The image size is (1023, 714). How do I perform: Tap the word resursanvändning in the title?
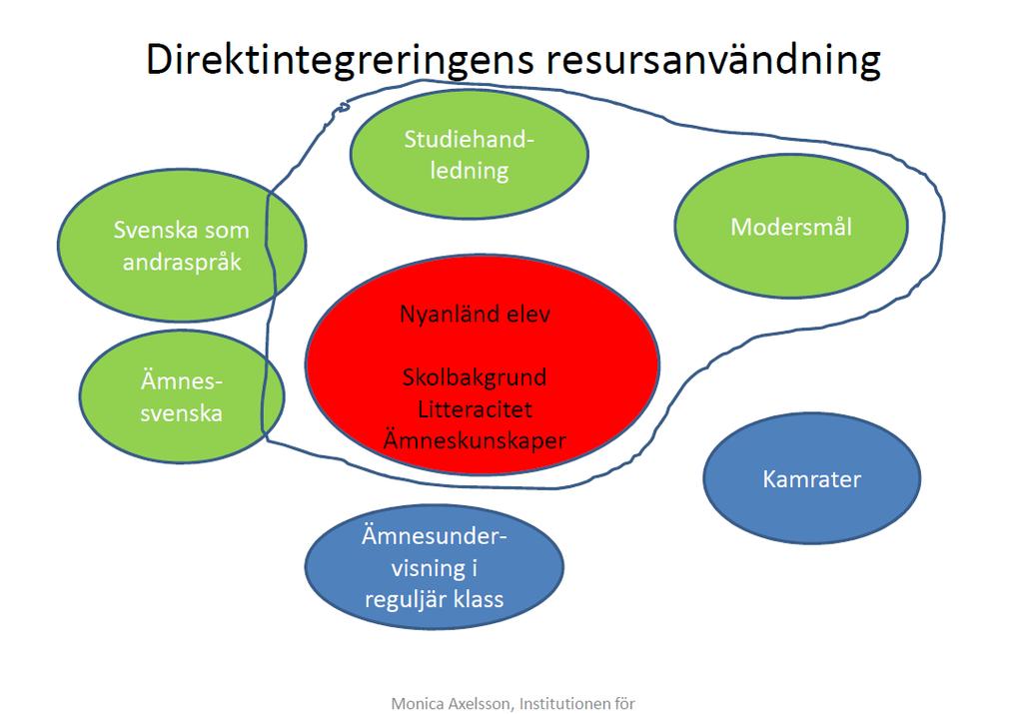pos(713,59)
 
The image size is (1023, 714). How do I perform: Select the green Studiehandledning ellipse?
pos(470,155)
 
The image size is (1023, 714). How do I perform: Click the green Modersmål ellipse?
pos(791,227)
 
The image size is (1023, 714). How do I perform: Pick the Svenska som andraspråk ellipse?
pos(182,246)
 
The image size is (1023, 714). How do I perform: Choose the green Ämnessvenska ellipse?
pos(182,397)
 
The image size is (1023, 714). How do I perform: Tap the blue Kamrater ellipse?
pos(811,478)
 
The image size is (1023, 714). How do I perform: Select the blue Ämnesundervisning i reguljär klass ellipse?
pos(434,567)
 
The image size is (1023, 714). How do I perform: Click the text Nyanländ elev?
pos(475,315)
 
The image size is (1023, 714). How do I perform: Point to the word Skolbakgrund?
pos(475,377)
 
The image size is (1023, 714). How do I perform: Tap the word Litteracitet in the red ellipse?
pos(475,409)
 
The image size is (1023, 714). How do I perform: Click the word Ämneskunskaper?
pos(475,440)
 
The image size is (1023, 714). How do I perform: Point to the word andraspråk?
pos(182,263)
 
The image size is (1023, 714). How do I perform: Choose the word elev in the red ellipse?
pos(525,315)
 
